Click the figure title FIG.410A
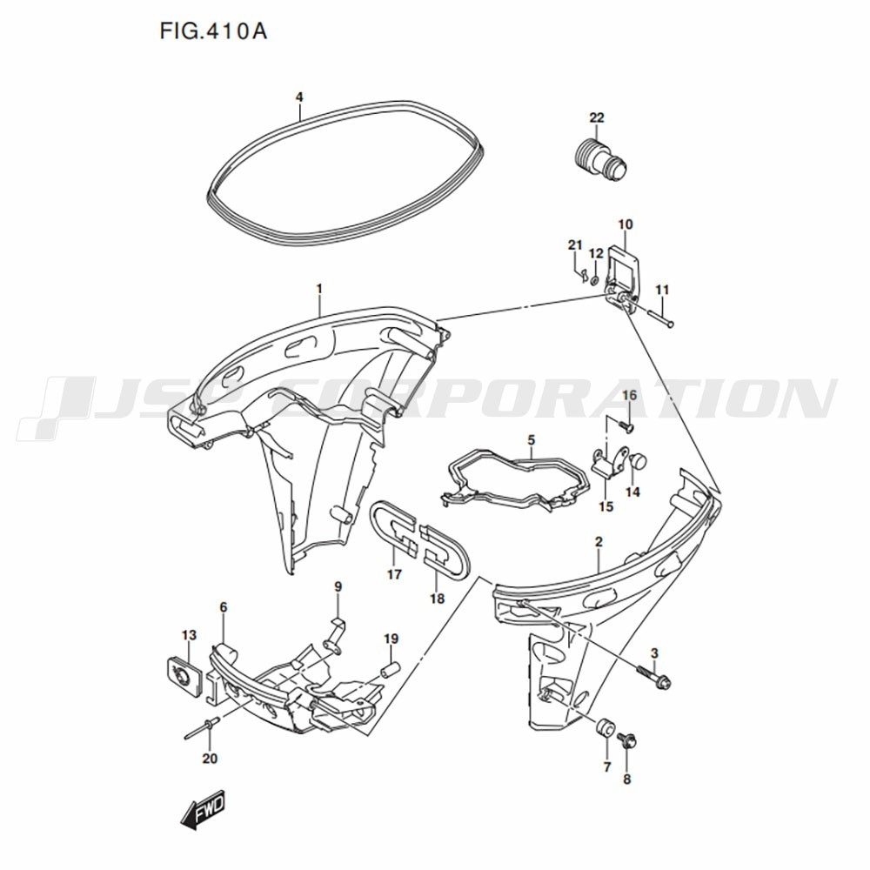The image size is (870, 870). (212, 31)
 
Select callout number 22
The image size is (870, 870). (596, 118)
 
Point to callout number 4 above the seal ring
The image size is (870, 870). (299, 97)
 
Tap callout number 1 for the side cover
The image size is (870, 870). (319, 288)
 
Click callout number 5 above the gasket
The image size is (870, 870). (531, 440)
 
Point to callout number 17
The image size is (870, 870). (394, 574)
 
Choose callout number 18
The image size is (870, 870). (437, 599)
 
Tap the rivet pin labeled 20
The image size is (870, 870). (199, 728)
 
